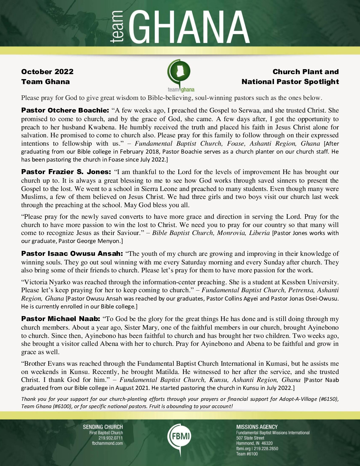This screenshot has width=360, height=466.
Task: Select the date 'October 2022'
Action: click(47, 72)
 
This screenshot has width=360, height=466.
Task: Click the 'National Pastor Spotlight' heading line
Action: click(290, 82)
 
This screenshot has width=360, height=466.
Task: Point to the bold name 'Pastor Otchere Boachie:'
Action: click(65, 111)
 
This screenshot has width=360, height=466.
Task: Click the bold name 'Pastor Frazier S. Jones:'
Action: click(66, 172)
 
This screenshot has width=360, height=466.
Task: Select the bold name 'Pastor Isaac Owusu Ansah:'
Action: click(72, 254)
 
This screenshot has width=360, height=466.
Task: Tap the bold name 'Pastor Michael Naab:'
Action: click(61, 319)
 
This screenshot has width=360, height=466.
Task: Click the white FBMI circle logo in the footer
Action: click(179, 436)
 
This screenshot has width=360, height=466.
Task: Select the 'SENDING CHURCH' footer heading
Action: click(103, 427)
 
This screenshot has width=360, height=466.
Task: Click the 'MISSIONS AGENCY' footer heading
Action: click(257, 427)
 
